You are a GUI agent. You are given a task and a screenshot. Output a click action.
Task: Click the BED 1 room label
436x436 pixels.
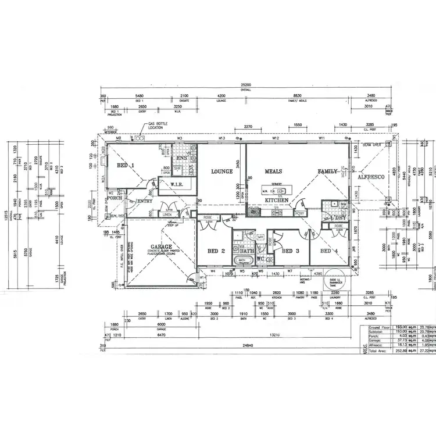tap(126, 166)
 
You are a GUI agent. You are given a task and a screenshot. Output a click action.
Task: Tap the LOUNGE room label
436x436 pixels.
tap(222, 171)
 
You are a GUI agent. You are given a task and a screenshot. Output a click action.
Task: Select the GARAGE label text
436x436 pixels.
tap(161, 246)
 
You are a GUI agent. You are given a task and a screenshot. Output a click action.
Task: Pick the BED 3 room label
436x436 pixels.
tap(290, 251)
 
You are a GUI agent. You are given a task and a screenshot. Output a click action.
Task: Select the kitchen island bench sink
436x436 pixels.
tap(268, 191)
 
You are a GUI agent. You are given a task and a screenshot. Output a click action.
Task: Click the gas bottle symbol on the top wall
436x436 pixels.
tap(140, 138)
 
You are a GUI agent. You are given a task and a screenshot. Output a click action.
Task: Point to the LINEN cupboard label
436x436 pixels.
tap(167, 215)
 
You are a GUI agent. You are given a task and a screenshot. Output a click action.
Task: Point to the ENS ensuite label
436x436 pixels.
tap(181, 158)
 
